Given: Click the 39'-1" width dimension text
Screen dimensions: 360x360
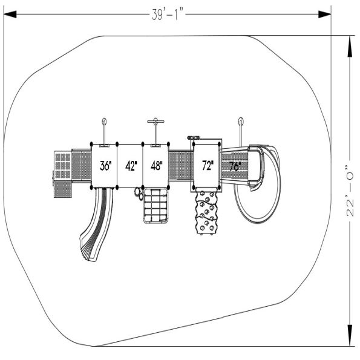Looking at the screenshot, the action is pos(168,15).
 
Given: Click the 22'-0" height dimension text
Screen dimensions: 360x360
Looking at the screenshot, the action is pos(350,190).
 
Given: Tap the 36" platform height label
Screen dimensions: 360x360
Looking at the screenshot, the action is pos(106,166).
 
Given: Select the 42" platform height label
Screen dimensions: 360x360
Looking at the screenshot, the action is pos(131,166).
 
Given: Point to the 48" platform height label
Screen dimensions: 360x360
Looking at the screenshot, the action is pos(157,166).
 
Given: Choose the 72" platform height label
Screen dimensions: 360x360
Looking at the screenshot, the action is pos(208,166).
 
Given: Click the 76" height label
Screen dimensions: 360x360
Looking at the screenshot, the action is pos(235,166).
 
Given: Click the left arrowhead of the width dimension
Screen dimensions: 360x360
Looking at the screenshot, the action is pos(10,15).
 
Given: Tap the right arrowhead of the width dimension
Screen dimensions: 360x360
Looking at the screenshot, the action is pos(324,15).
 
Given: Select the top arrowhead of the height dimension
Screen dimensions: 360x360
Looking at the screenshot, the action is pos(350,47).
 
